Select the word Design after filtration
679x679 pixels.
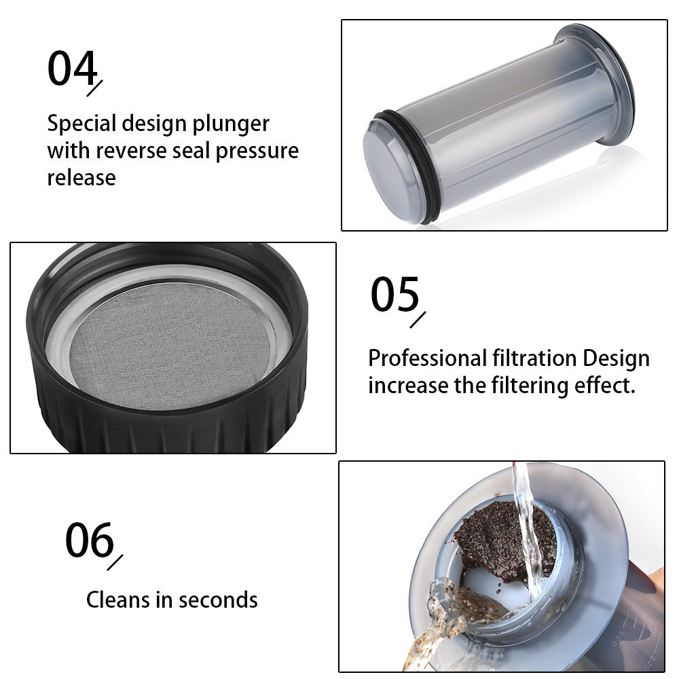click(616, 358)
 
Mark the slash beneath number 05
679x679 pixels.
click(418, 320)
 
